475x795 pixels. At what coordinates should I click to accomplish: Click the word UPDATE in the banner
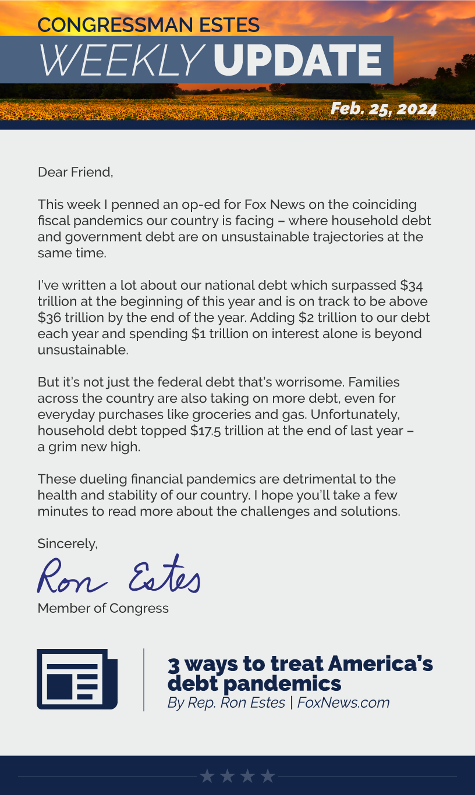click(297, 60)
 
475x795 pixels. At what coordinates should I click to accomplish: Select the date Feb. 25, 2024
click(383, 109)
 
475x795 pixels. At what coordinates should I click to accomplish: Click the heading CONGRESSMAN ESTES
click(148, 25)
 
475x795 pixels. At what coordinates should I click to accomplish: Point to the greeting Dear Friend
click(75, 172)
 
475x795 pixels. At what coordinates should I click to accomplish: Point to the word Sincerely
click(67, 544)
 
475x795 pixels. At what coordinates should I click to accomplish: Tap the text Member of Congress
click(103, 608)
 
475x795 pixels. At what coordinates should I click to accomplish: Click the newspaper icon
click(77, 679)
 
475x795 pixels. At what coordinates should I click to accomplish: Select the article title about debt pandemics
click(300, 673)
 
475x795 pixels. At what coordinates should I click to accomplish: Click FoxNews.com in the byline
click(343, 702)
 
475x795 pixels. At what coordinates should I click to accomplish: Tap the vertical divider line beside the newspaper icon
click(144, 679)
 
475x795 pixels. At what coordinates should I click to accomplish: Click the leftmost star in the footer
click(207, 776)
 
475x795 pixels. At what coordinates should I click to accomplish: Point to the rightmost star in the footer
click(267, 776)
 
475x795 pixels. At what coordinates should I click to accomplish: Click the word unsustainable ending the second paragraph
click(82, 350)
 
